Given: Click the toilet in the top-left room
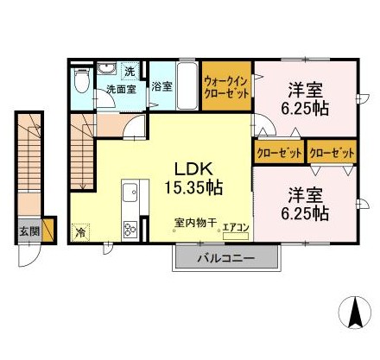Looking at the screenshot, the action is pyautogui.click(x=82, y=80).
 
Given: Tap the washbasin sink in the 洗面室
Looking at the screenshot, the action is pyautogui.click(x=106, y=68).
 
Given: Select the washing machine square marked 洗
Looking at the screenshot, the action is pyautogui.click(x=130, y=71).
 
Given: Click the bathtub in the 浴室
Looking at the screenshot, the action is pyautogui.click(x=187, y=85).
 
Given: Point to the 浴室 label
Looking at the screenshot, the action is pyautogui.click(x=161, y=86).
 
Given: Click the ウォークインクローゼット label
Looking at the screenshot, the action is pyautogui.click(x=226, y=86).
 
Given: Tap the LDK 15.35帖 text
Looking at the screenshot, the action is pyautogui.click(x=193, y=179).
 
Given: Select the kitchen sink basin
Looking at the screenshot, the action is pyautogui.click(x=130, y=193).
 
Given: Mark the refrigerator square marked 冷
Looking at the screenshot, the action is pyautogui.click(x=80, y=232).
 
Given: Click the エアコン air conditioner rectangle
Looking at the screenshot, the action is pyautogui.click(x=236, y=236).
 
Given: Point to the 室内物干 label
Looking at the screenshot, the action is pyautogui.click(x=195, y=223).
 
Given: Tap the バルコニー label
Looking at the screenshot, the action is pyautogui.click(x=225, y=258).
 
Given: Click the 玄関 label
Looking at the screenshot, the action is pyautogui.click(x=29, y=231).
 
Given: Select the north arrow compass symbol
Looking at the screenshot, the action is pyautogui.click(x=355, y=313).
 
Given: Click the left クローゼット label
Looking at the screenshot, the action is pyautogui.click(x=279, y=152).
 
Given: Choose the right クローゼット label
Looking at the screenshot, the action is pyautogui.click(x=332, y=152).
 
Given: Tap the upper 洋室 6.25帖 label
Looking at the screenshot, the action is pyautogui.click(x=305, y=98).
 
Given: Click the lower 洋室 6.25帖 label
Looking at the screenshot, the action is pyautogui.click(x=305, y=204).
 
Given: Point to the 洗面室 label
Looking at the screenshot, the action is pyautogui.click(x=121, y=89).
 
